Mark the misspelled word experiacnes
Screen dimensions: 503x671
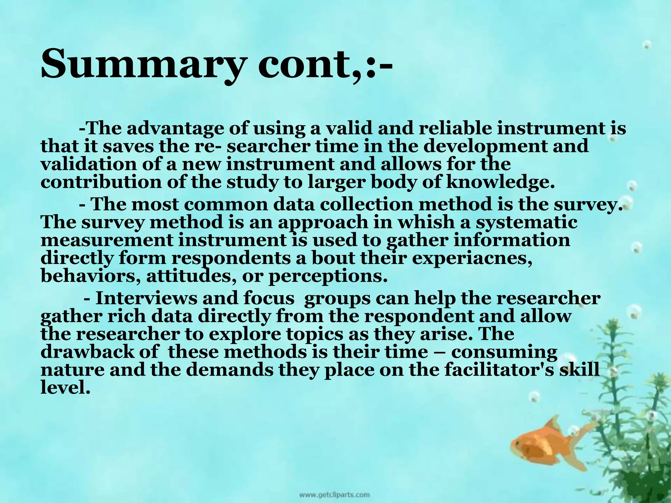(472, 258)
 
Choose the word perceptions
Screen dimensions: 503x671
(328, 276)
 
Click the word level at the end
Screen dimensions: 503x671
(65, 388)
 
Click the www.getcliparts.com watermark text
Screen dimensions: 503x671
(334, 494)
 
